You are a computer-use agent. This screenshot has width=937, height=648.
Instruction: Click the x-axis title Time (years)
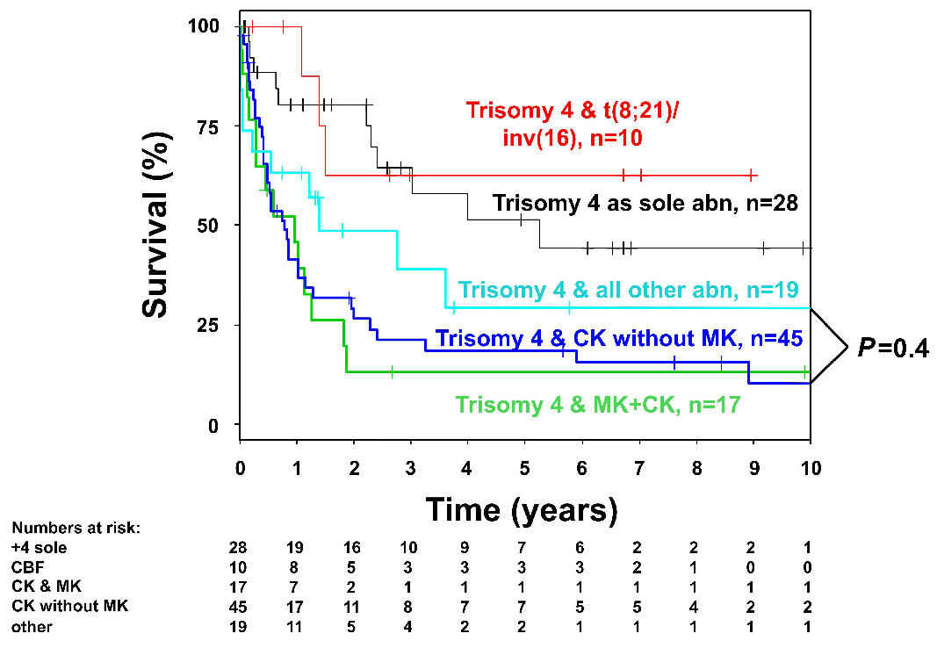point(522,508)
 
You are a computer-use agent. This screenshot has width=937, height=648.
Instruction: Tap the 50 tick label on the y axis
point(205,225)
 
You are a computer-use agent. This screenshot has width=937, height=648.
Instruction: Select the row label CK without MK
point(70,606)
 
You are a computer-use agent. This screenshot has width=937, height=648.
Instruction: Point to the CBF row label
point(25,567)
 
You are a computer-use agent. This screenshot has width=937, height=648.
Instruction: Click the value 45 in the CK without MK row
point(239,606)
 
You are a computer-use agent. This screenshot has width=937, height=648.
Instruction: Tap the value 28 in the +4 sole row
point(239,548)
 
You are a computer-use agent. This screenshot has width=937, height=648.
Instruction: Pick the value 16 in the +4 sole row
point(354,548)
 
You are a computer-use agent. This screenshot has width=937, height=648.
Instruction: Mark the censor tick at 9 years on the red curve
point(753,175)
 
